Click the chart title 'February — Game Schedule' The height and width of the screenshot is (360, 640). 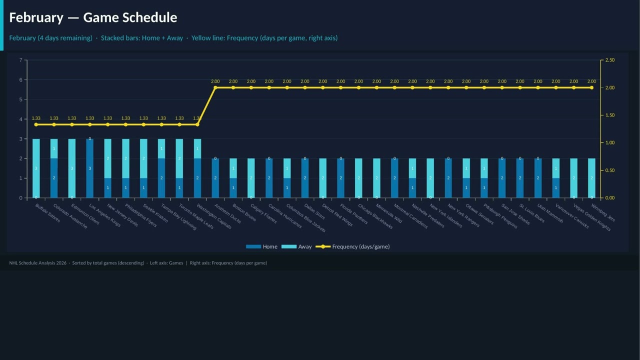(93, 17)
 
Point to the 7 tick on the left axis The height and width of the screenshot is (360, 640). (21, 60)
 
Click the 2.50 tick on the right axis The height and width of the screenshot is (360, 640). (609, 60)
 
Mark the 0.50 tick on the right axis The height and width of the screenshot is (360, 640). (609, 170)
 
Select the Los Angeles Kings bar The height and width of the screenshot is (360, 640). (90, 168)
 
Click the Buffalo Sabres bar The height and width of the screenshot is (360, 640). (36, 168)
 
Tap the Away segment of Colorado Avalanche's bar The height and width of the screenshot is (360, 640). (54, 148)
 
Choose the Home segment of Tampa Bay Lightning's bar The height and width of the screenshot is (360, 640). (161, 178)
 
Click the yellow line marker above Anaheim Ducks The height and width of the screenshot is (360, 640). (215, 87)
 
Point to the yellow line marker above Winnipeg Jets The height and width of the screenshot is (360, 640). (591, 87)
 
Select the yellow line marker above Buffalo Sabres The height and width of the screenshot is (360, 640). (36, 124)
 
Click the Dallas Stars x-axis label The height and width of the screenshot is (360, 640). (313, 212)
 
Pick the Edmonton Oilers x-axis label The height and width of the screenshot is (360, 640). (84, 214)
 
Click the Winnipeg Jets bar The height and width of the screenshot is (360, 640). (591, 178)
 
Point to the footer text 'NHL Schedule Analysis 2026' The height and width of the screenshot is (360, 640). (38, 263)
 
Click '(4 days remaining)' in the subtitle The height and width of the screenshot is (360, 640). (65, 38)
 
